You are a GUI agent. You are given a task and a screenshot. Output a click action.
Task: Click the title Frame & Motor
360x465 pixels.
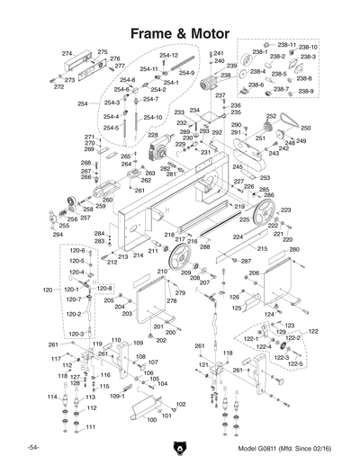click(180, 33)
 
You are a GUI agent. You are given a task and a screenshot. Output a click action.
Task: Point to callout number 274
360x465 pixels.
click(67, 55)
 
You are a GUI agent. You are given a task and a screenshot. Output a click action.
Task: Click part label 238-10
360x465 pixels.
click(308, 47)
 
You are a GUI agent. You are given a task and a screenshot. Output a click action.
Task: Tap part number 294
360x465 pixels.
click(58, 235)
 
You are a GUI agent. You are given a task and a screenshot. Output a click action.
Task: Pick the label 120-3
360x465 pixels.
click(76, 334)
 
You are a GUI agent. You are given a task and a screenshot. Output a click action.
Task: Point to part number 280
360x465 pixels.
click(293, 249)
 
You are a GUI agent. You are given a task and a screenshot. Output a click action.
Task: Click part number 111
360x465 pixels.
click(91, 427)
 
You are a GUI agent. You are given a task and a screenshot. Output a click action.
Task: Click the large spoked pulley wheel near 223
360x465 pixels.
click(265, 213)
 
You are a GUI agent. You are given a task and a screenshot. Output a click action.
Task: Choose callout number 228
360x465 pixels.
click(154, 135)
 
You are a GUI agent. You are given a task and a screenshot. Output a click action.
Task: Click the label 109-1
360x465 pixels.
click(118, 395)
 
